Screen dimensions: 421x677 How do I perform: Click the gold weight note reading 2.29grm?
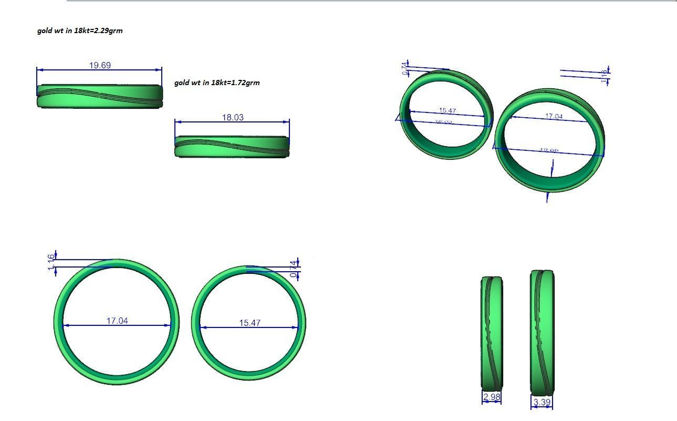click(80, 30)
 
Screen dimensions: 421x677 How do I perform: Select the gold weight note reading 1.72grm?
click(217, 83)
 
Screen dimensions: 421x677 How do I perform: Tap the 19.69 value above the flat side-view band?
click(100, 65)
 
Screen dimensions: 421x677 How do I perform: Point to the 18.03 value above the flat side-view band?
click(233, 117)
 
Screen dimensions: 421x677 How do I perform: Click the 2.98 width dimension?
click(491, 397)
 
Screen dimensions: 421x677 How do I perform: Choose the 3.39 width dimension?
click(541, 403)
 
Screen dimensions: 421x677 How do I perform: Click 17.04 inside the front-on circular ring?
click(117, 321)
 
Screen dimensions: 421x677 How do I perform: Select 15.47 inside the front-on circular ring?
click(250, 323)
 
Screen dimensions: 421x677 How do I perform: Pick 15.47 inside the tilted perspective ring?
click(447, 110)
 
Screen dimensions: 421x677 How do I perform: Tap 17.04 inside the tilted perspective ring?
click(554, 116)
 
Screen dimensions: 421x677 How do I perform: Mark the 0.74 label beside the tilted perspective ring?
click(405, 69)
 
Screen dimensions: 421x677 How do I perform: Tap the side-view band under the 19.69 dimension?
click(99, 96)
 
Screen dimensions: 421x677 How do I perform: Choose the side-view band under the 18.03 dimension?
click(232, 147)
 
